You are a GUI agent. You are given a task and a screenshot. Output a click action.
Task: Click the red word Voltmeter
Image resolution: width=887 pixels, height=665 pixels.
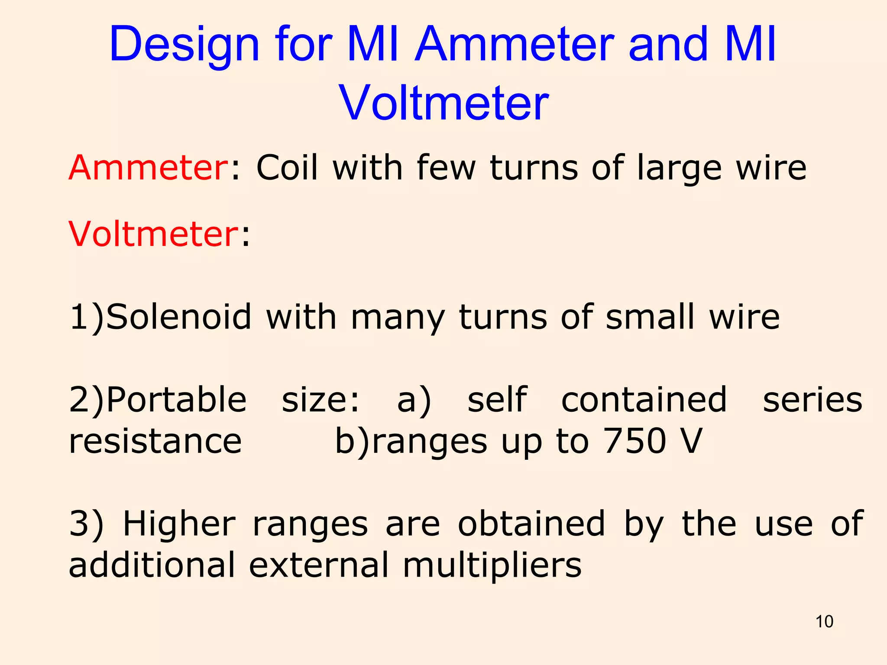pos(152,234)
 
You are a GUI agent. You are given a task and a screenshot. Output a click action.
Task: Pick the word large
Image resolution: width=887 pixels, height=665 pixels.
pos(680,169)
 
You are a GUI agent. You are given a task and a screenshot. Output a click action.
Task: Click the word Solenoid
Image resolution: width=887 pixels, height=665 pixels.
pos(178,317)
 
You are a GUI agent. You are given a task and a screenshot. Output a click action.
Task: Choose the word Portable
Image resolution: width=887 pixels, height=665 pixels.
pos(176,399)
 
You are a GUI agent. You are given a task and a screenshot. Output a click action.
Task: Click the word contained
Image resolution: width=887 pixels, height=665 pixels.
pos(644,399)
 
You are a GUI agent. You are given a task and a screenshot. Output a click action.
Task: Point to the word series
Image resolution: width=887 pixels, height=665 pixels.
pos(813,399)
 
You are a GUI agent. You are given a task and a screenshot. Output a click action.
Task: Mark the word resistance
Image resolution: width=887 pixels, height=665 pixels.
pos(155,441)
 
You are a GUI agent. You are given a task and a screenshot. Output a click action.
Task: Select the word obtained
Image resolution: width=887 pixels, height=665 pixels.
pos(531,524)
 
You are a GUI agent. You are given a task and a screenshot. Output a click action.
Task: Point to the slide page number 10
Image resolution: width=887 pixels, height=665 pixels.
pos(824,622)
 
